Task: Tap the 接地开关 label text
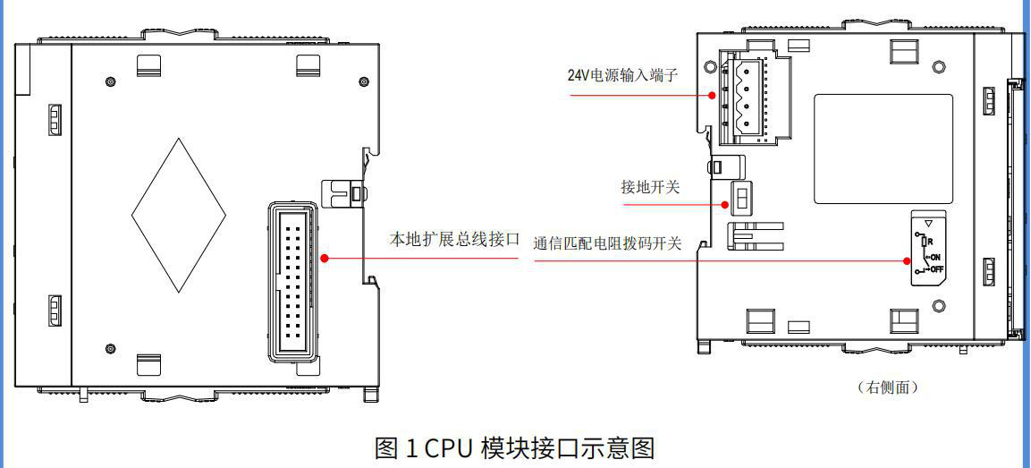point(651,187)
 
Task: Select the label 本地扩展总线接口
point(454,240)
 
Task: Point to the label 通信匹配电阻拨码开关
point(607,243)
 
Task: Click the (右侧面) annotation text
point(887,387)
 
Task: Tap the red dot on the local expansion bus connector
point(325,258)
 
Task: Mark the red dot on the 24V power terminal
point(713,94)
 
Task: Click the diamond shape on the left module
point(179,215)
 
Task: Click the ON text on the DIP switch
point(934,256)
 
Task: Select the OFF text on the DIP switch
point(936,268)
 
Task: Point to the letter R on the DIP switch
point(932,242)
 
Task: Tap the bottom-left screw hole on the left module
point(110,347)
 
